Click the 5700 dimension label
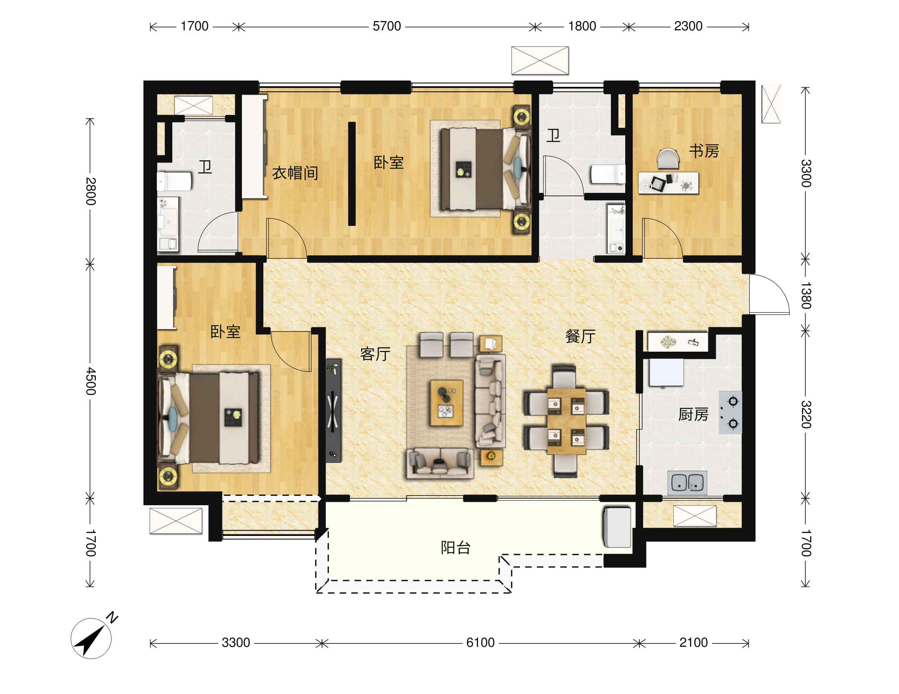click(x=387, y=26)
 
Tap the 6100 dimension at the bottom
click(x=480, y=643)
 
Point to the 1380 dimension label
click(x=806, y=296)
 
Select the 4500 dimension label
click(x=91, y=381)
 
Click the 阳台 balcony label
click(x=455, y=548)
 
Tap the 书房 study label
click(x=704, y=151)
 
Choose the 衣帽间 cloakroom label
click(x=295, y=173)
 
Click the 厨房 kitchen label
click(x=694, y=415)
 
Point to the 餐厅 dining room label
click(x=580, y=336)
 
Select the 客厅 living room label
click(x=375, y=354)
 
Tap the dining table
click(x=566, y=421)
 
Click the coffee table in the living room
click(x=447, y=403)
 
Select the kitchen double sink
click(x=687, y=482)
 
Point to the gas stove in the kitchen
click(x=730, y=412)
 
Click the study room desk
click(x=668, y=183)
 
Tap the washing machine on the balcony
click(x=617, y=527)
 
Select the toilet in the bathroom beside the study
click(x=608, y=174)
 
